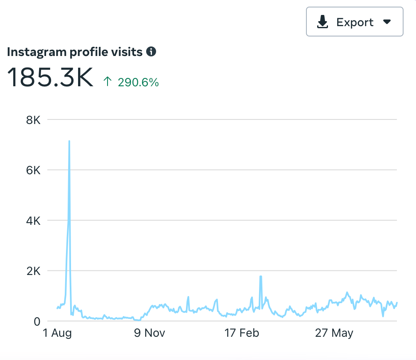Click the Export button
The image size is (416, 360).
pos(354,22)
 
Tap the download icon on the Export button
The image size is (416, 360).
pos(323,22)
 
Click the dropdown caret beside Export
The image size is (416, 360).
pos(387,22)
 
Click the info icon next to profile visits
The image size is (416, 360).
pos(151,52)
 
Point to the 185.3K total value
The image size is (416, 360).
pos(50,77)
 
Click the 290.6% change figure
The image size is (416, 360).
pos(138,83)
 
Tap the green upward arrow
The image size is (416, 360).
pos(108,82)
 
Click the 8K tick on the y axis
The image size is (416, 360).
pos(33,120)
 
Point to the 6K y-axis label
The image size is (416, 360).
pos(33,170)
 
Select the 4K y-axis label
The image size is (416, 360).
pos(33,221)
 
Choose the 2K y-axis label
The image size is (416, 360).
pos(33,271)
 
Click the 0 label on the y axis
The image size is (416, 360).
pos(37,321)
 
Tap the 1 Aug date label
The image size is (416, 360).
pos(58,333)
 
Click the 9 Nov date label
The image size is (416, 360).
pos(149,333)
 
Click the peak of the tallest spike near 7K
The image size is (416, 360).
pos(69,141)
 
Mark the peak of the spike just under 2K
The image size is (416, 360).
pos(260,276)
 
